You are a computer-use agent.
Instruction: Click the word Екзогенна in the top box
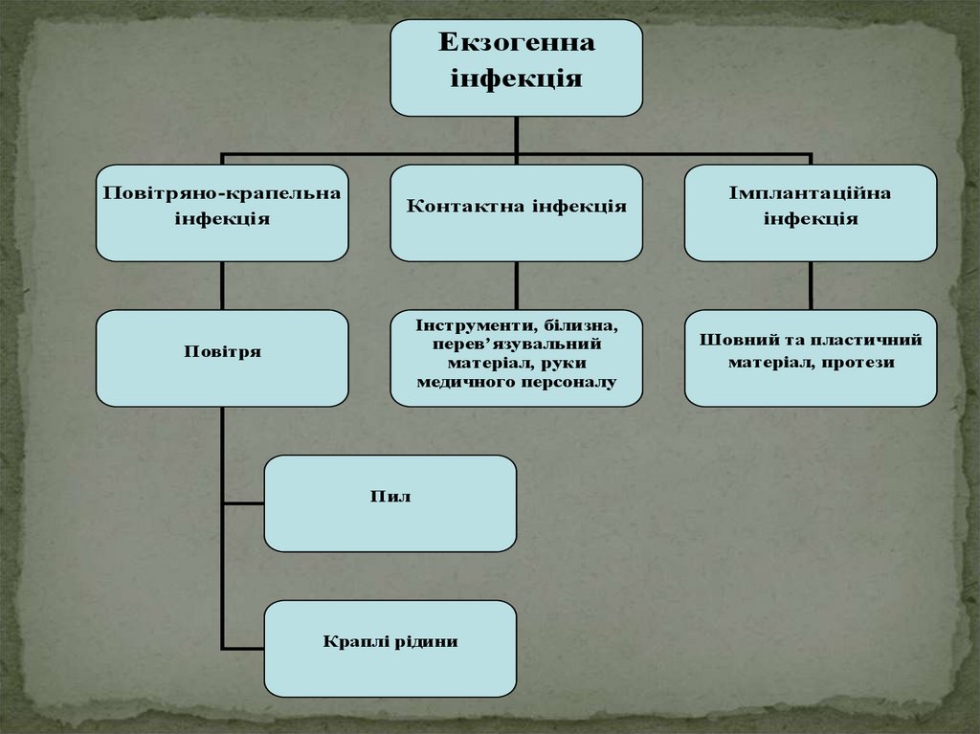(x=516, y=43)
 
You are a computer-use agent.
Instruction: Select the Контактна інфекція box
(x=516, y=212)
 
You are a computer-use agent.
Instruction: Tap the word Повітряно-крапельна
(x=222, y=193)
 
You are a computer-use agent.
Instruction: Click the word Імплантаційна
(x=810, y=193)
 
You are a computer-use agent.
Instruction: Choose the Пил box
(x=390, y=503)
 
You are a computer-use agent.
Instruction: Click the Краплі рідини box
(x=390, y=648)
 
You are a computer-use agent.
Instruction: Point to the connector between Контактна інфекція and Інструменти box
(x=517, y=285)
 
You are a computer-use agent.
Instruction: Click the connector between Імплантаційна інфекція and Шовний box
(x=811, y=285)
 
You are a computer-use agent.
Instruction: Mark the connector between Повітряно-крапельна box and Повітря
(x=222, y=285)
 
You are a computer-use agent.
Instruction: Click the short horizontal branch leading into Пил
(x=243, y=503)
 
